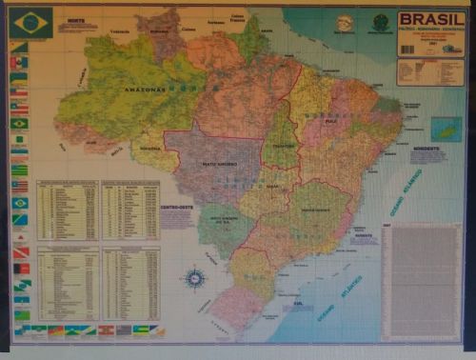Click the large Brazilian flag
click(x=31, y=23)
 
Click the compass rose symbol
click(x=196, y=278)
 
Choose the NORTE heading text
click(x=76, y=19)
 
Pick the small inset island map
click(x=446, y=129)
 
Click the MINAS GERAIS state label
click(x=314, y=209)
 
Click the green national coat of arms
click(x=381, y=22)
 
